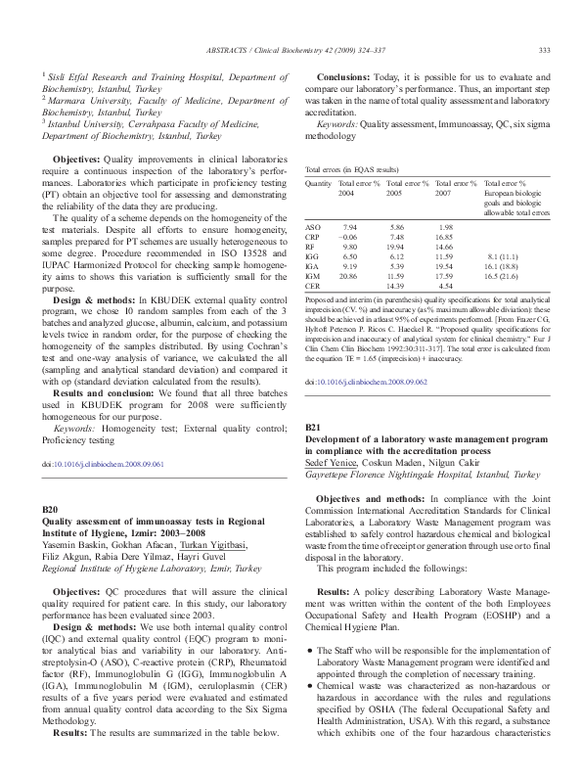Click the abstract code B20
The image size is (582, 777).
point(56,511)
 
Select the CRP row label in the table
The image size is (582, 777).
point(314,236)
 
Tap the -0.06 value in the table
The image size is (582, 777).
point(347,236)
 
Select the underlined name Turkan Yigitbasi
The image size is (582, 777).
point(214,545)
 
